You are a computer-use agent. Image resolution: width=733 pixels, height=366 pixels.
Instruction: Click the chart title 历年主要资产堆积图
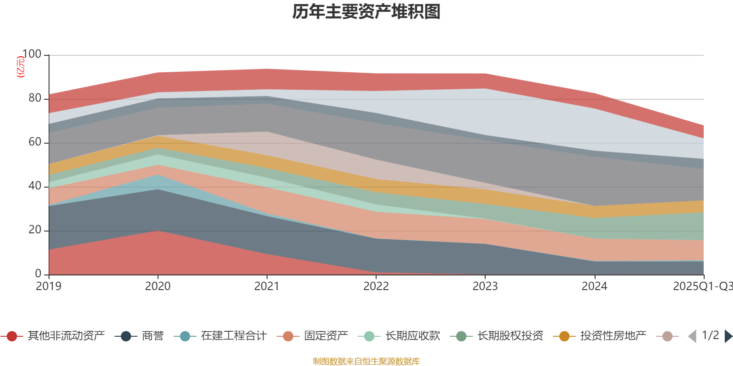point(366,12)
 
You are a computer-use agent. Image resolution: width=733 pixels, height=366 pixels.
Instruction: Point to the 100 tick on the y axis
point(32,54)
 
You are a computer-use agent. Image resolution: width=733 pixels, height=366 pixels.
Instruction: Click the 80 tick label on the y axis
point(35,98)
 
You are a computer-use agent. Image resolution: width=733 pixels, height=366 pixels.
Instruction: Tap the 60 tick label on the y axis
point(35,142)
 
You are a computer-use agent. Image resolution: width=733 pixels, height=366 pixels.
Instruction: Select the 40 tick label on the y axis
point(35,186)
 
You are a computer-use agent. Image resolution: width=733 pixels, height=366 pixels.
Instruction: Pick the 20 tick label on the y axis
point(35,230)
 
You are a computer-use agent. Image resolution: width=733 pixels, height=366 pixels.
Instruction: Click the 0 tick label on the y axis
point(38,274)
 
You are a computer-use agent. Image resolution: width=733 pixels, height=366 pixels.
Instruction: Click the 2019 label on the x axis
point(49,286)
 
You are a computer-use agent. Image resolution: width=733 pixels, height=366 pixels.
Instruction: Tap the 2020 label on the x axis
point(158,286)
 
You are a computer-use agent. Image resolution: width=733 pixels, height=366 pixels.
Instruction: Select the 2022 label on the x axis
point(376,286)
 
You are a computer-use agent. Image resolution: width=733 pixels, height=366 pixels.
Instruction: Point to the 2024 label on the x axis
point(594,286)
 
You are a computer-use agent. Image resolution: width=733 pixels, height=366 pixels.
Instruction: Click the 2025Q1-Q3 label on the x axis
point(702,286)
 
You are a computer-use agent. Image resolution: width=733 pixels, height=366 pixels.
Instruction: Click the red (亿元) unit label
point(21,67)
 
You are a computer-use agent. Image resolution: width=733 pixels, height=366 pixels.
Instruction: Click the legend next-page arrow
point(728,336)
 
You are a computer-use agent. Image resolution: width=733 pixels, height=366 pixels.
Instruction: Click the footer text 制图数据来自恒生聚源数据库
point(366,361)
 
